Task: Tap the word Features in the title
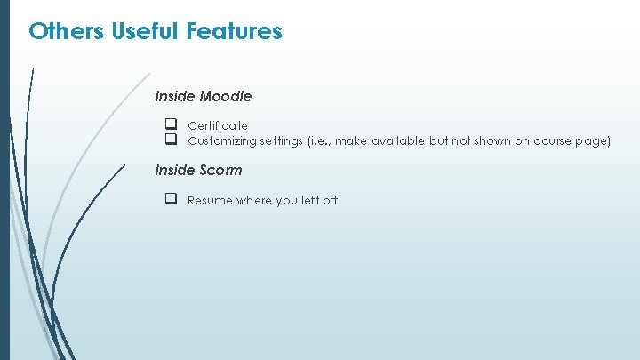pos(235,32)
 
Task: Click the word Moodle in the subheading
pos(226,96)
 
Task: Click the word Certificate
pos(218,126)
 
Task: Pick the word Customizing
pos(222,140)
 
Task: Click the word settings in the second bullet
pos(282,140)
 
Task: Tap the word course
pos(559,140)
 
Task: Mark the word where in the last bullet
pos(254,200)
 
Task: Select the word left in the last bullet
pos(310,200)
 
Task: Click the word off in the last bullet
pos(331,200)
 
